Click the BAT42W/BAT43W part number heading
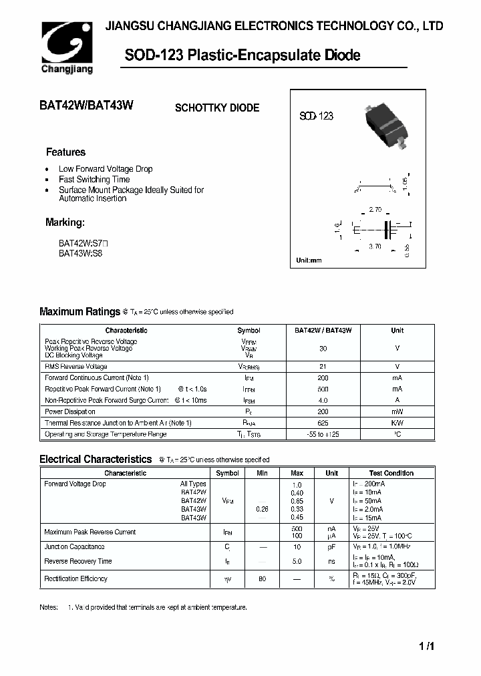(88, 106)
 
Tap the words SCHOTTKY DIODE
(217, 108)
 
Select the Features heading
(65, 152)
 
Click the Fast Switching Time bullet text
(94, 180)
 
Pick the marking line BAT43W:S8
(81, 253)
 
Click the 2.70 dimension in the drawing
(375, 210)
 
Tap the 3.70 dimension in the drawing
(375, 247)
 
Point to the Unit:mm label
(309, 260)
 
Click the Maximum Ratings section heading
(79, 311)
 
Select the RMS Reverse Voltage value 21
(323, 367)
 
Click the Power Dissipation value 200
(323, 411)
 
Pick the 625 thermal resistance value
(323, 423)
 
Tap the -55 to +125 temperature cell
(323, 434)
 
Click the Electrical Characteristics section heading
(96, 459)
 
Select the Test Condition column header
(391, 473)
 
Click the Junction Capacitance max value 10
(297, 546)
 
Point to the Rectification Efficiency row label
(76, 578)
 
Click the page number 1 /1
(427, 647)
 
